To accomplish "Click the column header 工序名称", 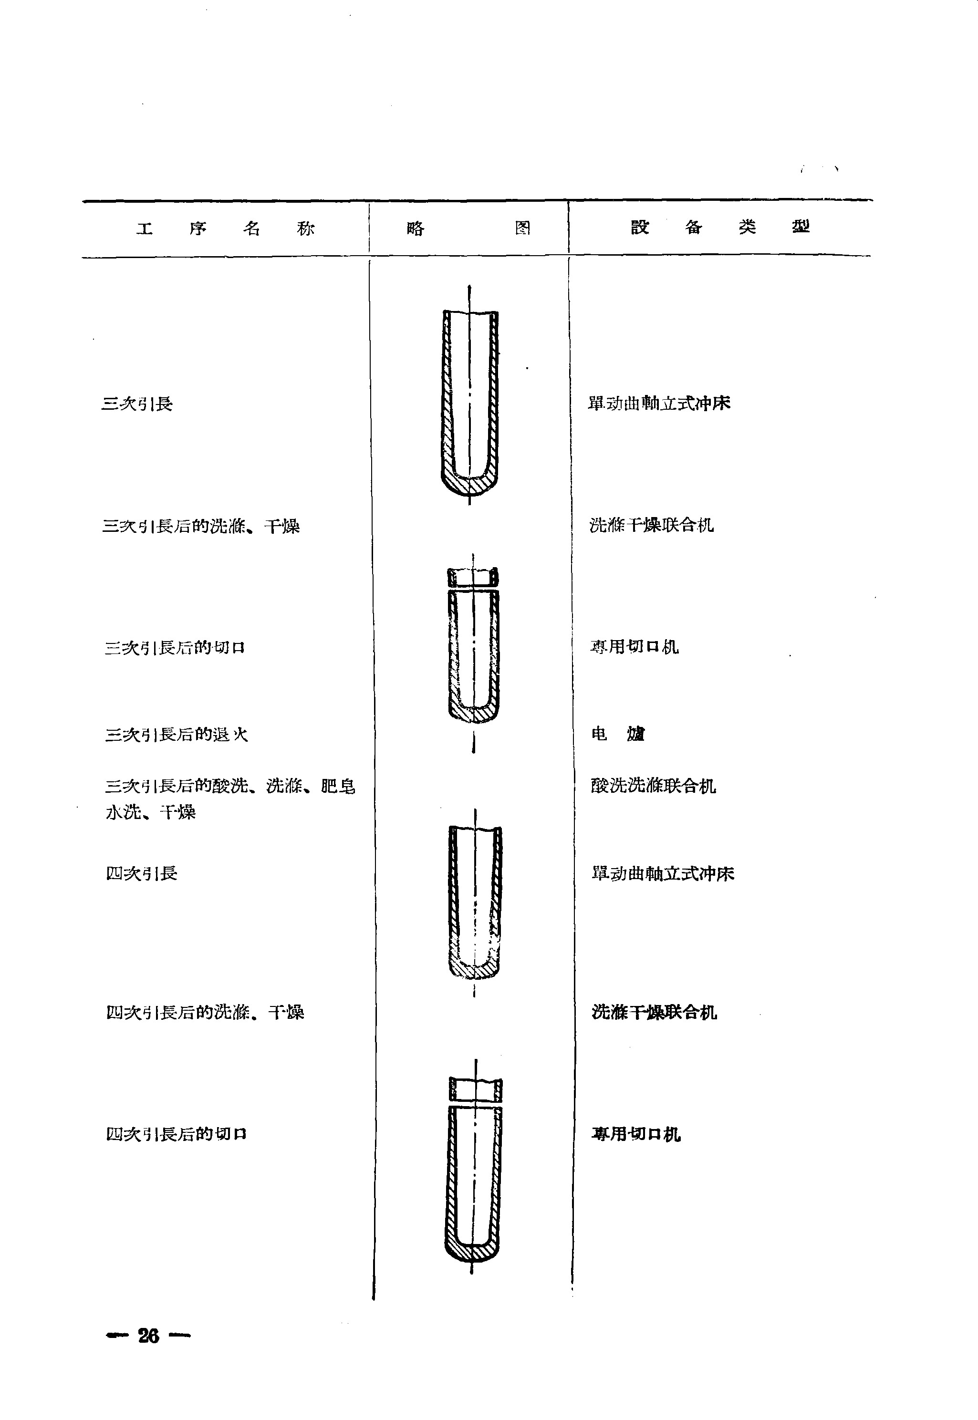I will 225,228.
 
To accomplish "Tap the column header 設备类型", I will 720,227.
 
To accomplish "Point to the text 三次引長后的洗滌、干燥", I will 201,526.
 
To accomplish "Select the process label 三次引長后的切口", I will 175,648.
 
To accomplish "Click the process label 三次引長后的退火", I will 177,734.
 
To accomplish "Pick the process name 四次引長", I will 142,873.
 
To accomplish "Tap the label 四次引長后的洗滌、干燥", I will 205,1013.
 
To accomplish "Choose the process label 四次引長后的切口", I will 177,1134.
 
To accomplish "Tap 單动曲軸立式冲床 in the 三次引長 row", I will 659,403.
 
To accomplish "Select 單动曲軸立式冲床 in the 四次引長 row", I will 663,873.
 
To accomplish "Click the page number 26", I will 148,1336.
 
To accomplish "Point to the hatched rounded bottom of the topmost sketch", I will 469,487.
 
